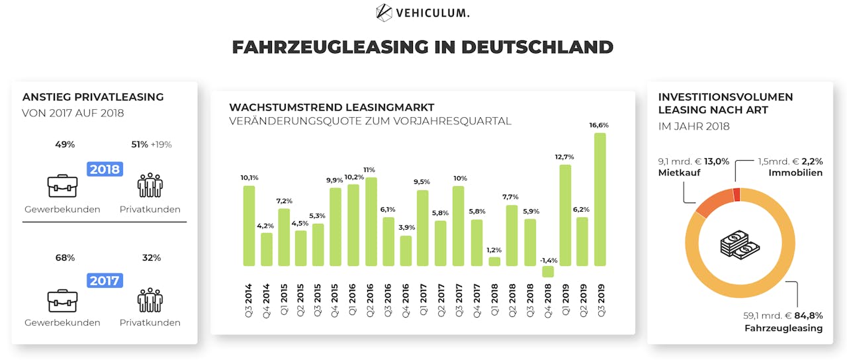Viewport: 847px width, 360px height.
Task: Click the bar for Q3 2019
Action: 600,199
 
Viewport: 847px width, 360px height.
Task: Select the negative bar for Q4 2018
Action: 548,271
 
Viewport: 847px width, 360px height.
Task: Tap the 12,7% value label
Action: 564,157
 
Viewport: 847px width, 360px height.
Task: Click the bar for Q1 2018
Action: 495,261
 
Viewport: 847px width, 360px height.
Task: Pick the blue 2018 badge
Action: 104,169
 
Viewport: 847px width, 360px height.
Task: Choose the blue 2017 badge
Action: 104,281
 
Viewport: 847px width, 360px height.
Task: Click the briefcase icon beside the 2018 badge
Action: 62,186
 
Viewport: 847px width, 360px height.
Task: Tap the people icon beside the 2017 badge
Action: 150,299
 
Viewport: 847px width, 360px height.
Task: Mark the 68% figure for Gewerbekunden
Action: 65,257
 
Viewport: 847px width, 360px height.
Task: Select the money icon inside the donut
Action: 740,246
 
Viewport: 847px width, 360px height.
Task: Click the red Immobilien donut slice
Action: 736,195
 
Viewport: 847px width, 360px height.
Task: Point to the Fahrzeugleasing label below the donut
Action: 783,328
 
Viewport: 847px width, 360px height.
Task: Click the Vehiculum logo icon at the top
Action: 384,12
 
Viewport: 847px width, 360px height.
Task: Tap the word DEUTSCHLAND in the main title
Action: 537,47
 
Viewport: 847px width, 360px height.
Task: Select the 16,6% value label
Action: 599,125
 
